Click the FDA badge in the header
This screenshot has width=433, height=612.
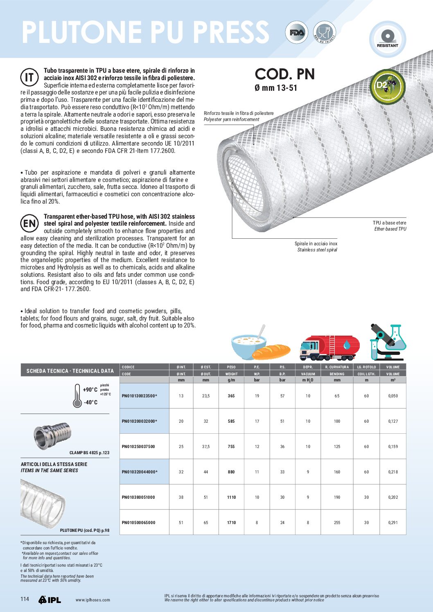click(x=296, y=33)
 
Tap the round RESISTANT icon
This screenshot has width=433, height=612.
click(x=387, y=38)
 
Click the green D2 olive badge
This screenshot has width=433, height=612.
click(x=387, y=86)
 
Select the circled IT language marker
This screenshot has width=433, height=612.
click(x=29, y=77)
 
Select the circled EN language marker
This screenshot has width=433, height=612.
click(x=29, y=223)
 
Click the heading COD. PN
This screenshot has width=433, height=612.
click(x=285, y=74)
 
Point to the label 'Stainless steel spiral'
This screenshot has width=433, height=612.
click(x=317, y=250)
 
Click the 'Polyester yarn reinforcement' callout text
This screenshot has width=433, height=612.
click(x=231, y=119)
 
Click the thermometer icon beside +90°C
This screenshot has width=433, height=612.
click(x=77, y=396)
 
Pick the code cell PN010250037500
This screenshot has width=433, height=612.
click(x=138, y=446)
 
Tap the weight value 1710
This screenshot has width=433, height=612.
click(x=231, y=522)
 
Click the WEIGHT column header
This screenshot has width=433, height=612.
click(x=231, y=374)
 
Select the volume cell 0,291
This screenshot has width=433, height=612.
click(x=393, y=522)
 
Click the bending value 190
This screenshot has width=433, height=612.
click(x=337, y=497)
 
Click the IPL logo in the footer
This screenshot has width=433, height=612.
click(x=50, y=600)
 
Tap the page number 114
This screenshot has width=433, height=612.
click(x=25, y=599)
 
